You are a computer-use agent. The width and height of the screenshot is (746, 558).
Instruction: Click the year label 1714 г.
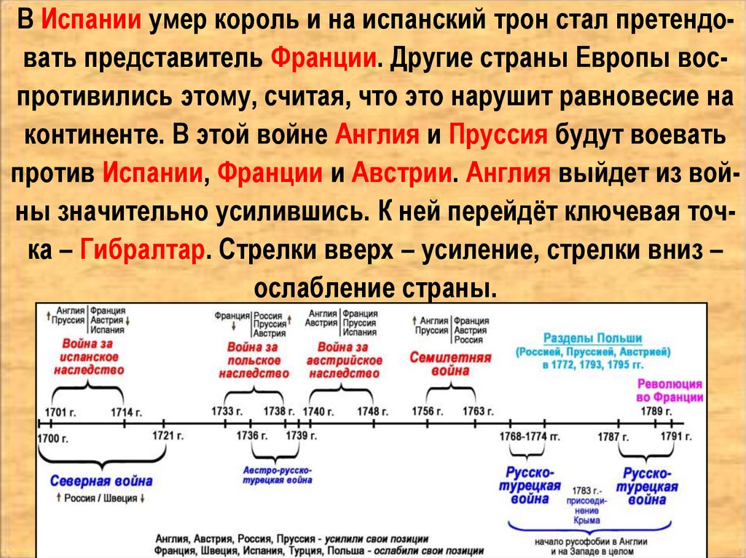[126, 412]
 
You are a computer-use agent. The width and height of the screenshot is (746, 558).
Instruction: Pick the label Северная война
[101, 481]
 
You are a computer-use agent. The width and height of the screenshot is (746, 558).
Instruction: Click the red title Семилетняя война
[449, 364]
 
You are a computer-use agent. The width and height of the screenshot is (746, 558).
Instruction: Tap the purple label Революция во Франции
[670, 391]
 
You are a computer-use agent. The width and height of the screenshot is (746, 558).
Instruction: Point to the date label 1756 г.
[427, 412]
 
